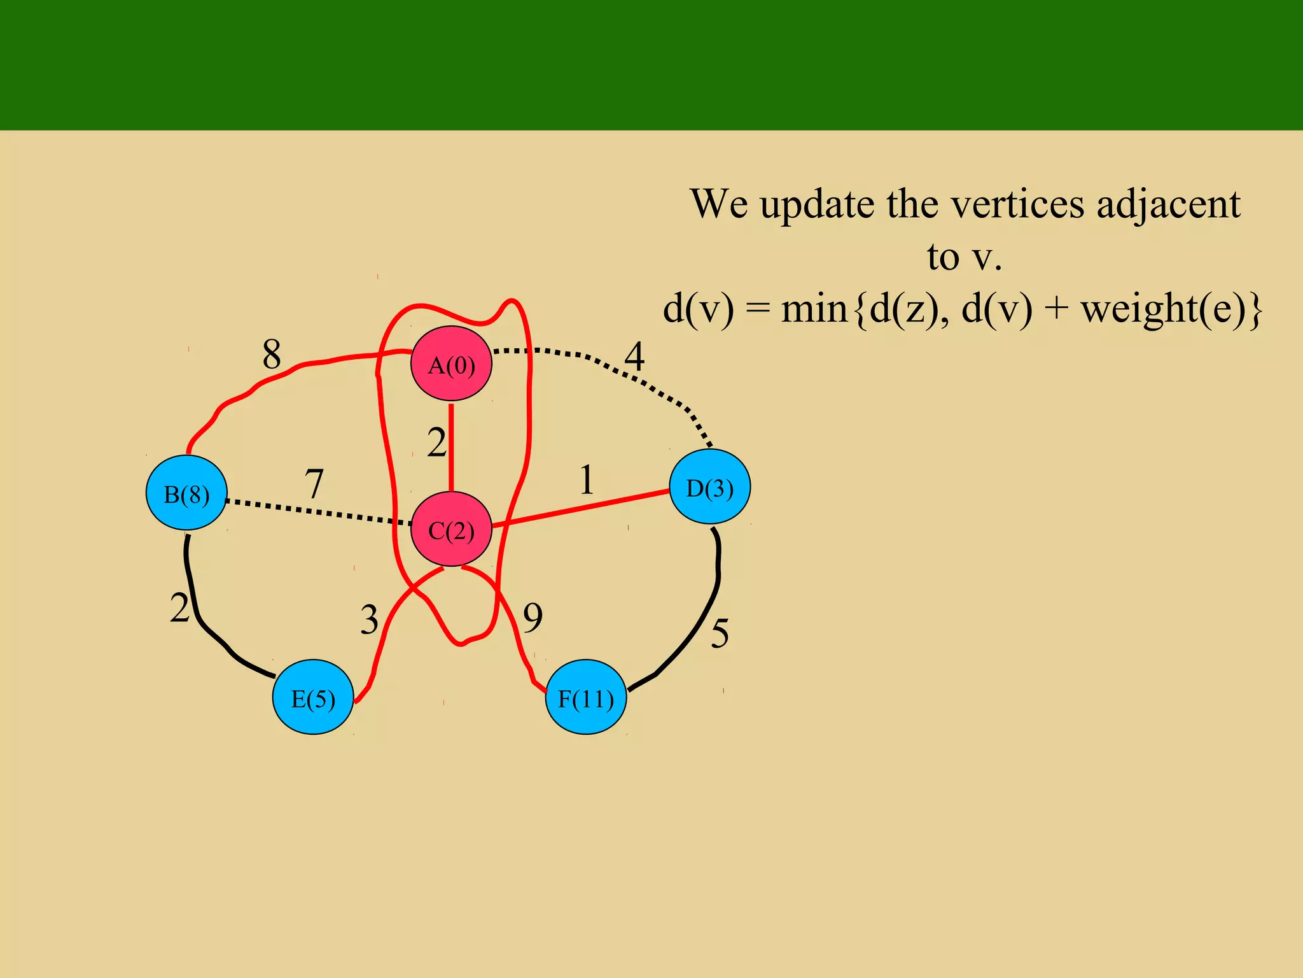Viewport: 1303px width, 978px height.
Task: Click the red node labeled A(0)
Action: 451,364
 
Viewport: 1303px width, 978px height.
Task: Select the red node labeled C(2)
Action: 451,529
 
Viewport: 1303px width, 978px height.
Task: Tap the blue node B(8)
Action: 186,493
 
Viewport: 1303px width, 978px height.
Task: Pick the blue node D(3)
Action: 710,487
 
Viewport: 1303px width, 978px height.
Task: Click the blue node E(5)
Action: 313,698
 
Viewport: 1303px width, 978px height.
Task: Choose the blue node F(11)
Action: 586,698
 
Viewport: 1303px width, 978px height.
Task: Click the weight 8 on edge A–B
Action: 272,354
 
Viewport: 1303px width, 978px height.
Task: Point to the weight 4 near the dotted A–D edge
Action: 634,357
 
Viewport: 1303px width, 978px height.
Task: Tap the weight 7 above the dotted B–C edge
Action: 314,484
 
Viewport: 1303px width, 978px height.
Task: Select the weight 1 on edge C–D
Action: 587,480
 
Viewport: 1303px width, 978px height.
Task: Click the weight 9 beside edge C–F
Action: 533,618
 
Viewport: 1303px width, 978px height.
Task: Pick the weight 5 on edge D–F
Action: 720,634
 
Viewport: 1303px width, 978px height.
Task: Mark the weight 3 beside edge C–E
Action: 369,620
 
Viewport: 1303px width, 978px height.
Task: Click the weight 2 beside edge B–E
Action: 179,608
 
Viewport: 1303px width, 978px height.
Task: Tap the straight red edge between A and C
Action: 451,446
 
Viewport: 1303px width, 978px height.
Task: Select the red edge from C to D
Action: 579,508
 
